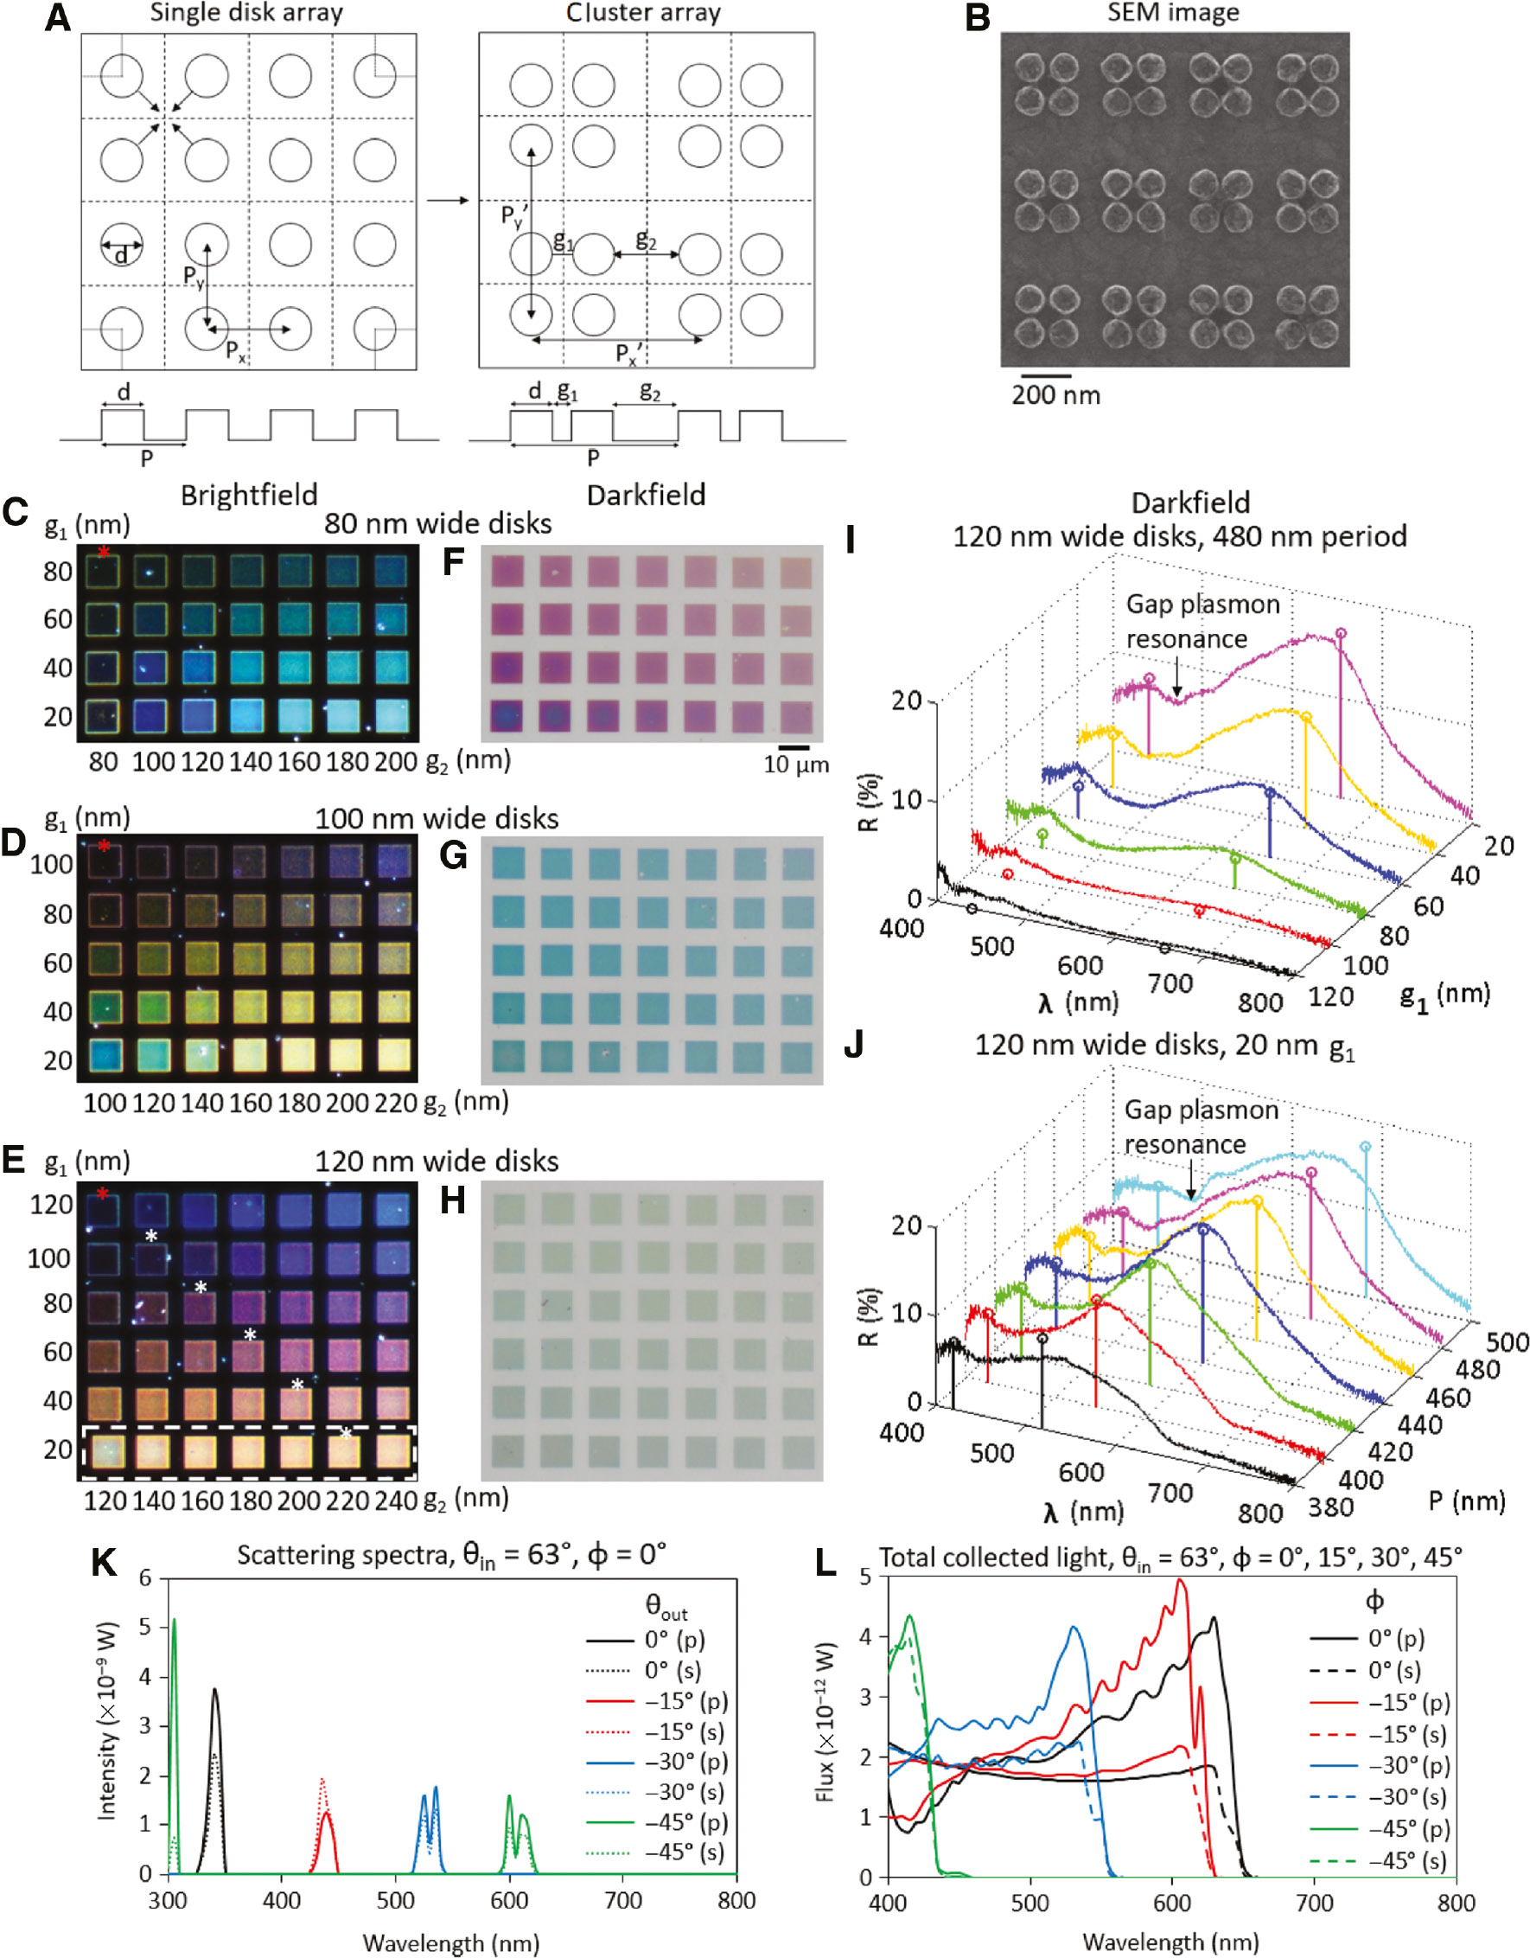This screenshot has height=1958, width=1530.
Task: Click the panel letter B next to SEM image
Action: pyautogui.click(x=978, y=18)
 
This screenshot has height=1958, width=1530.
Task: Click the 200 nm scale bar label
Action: pyautogui.click(x=1055, y=395)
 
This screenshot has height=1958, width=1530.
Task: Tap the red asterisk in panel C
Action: pyautogui.click(x=104, y=553)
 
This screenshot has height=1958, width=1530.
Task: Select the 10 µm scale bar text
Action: pyautogui.click(x=796, y=765)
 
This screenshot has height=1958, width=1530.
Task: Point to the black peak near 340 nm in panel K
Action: pyautogui.click(x=214, y=1691)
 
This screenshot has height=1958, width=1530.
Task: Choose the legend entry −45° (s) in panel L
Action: pyautogui.click(x=1407, y=1861)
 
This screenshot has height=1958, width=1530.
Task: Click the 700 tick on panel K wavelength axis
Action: pyautogui.click(x=623, y=1900)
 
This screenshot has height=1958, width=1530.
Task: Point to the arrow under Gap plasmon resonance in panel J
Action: pyautogui.click(x=1190, y=1186)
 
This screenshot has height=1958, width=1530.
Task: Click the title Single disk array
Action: pyautogui.click(x=245, y=13)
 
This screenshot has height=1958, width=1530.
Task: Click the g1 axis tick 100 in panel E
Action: pyautogui.click(x=49, y=1257)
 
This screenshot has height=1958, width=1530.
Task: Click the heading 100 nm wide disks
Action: pyautogui.click(x=437, y=818)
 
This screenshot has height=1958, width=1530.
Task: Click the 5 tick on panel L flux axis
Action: pyautogui.click(x=865, y=1577)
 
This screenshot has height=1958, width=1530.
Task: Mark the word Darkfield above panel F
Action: pyautogui.click(x=646, y=495)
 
